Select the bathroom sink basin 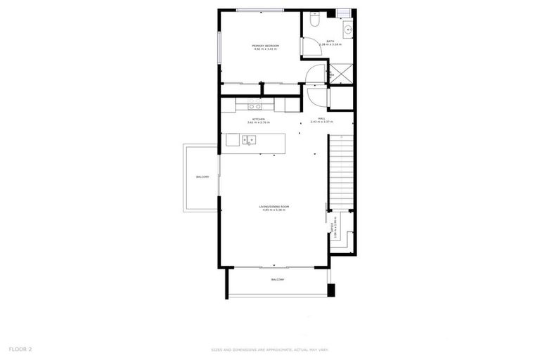347,30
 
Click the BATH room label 330,41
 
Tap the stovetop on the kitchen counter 255,107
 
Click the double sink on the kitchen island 247,141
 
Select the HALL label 321,118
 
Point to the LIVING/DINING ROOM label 276,206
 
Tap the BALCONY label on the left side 202,176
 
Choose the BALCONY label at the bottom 278,280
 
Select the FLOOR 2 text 20,349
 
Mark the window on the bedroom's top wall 260,10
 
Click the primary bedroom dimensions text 265,50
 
